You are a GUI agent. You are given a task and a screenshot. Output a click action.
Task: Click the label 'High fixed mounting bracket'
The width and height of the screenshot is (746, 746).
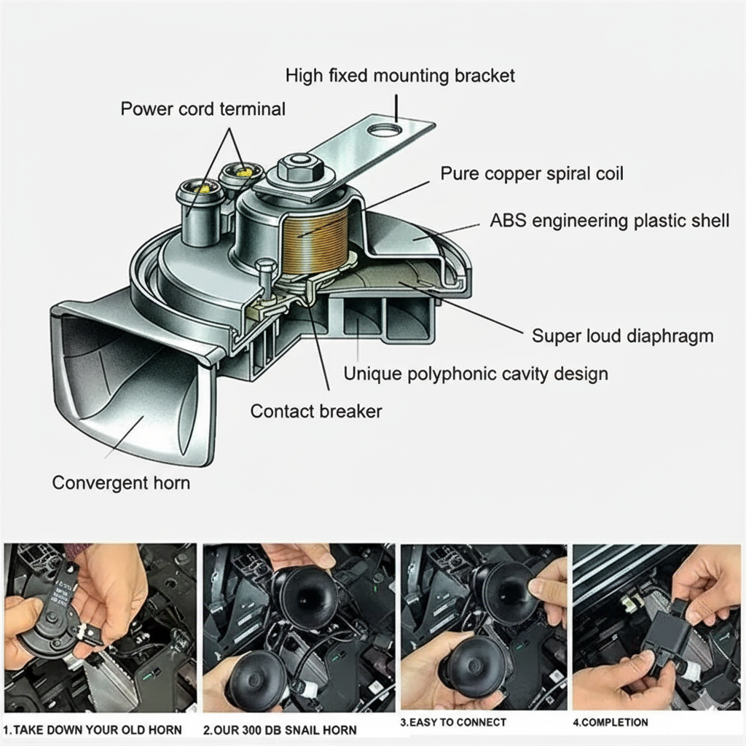tap(400, 75)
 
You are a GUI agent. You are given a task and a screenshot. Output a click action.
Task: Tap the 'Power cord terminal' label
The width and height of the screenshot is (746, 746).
tap(203, 109)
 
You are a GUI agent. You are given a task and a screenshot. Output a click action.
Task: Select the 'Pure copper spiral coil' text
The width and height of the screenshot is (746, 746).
tap(532, 173)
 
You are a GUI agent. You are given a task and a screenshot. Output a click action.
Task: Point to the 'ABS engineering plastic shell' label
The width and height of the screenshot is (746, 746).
tap(610, 221)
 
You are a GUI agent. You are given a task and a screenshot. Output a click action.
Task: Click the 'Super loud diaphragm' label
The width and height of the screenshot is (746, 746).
tap(622, 336)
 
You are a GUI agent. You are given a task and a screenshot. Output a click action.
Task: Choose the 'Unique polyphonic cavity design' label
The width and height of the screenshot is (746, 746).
tap(475, 374)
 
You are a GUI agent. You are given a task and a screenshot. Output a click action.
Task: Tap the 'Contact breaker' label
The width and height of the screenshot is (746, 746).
tap(315, 411)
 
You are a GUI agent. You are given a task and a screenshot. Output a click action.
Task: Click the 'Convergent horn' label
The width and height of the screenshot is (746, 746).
tap(121, 482)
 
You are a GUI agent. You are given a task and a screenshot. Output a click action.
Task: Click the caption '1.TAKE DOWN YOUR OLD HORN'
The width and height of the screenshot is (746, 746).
tap(93, 729)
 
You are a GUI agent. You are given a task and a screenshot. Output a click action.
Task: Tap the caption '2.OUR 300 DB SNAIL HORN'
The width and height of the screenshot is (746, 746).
tap(280, 729)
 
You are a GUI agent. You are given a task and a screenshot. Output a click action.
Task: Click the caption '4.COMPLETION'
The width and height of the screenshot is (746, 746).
tap(610, 723)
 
